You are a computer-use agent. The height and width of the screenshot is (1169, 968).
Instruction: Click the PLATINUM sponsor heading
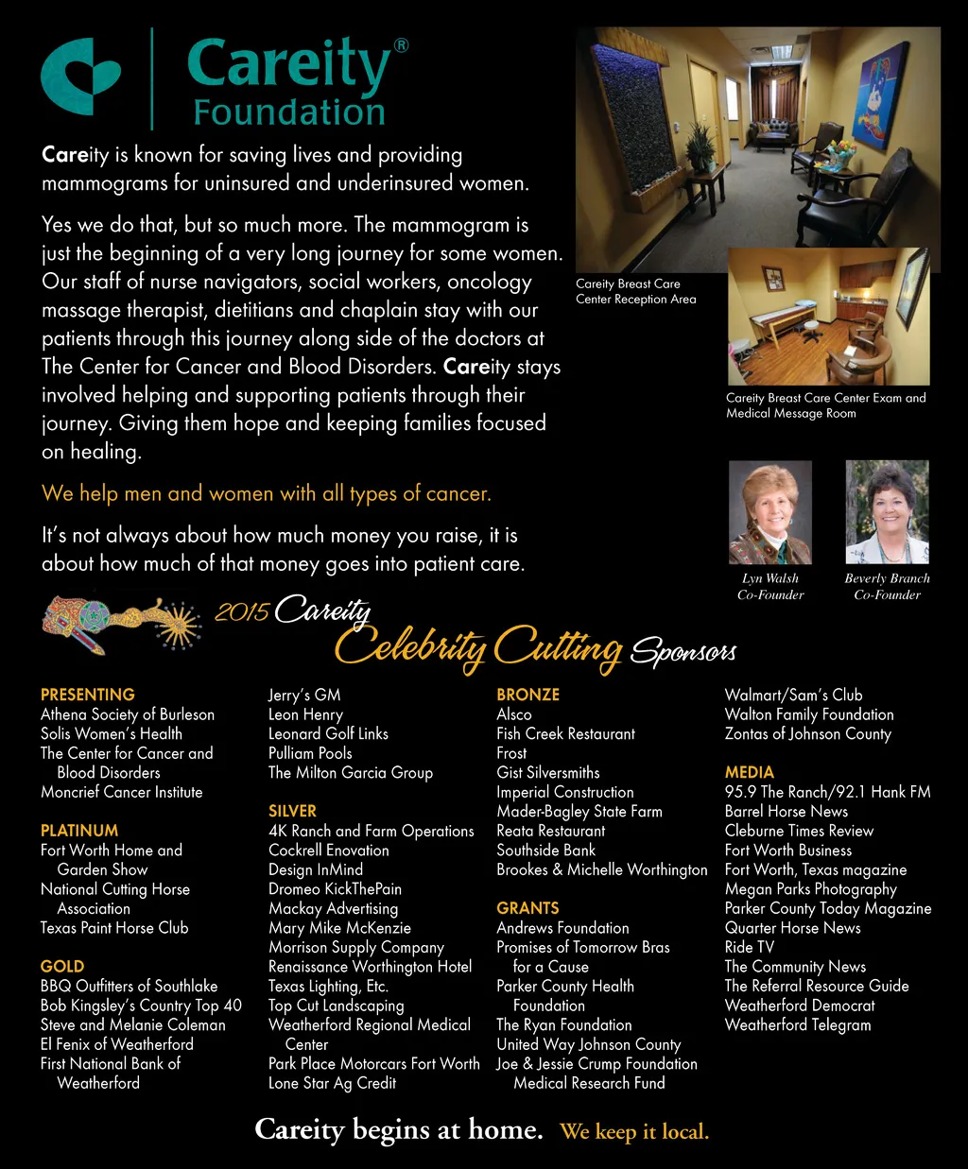[x=79, y=831]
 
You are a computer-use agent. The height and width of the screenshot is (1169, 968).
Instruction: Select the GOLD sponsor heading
[x=62, y=966]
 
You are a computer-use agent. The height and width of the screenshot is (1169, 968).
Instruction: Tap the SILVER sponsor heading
[x=292, y=811]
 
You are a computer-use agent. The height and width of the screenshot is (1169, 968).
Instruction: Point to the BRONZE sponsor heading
[x=527, y=695]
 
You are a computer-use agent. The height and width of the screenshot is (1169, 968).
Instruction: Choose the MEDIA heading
[x=749, y=772]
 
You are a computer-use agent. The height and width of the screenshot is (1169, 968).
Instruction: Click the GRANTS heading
[x=527, y=908]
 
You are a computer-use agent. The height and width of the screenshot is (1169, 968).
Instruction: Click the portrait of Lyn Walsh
[x=769, y=512]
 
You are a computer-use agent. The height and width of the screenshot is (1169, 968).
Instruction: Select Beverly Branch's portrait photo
[x=887, y=512]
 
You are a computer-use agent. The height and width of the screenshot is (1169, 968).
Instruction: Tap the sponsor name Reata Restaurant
[x=550, y=831]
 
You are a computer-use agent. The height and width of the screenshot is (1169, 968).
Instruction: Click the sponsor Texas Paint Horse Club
[x=114, y=928]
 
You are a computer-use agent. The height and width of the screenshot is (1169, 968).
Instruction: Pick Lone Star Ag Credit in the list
[x=332, y=1083]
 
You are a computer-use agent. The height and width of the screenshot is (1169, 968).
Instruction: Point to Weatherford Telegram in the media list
[x=797, y=1024]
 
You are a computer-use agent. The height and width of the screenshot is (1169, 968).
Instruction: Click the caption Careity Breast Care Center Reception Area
[x=635, y=291]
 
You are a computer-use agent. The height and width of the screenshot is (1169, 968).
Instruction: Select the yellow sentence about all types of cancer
[x=266, y=493]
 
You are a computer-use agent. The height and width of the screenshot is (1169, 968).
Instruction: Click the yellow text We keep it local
[x=633, y=1131]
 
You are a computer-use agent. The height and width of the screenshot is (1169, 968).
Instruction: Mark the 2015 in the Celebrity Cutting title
[x=242, y=612]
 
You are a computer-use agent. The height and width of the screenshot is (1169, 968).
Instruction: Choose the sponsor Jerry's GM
[x=303, y=695]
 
